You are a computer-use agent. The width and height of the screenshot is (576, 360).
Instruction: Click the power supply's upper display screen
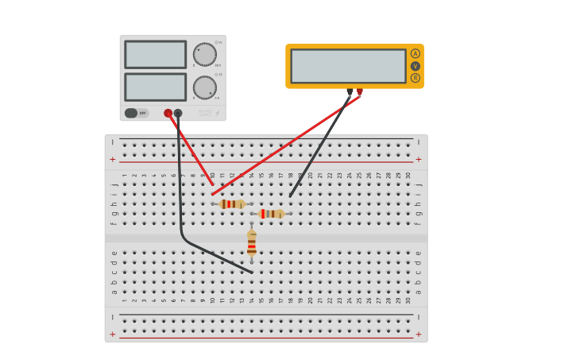(x=155, y=54)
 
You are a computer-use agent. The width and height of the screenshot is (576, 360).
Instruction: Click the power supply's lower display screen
(x=155, y=87)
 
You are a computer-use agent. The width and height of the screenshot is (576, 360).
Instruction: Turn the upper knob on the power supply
(x=205, y=54)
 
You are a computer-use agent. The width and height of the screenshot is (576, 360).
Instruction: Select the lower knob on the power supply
(x=205, y=87)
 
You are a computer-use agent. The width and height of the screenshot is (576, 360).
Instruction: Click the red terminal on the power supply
(x=168, y=113)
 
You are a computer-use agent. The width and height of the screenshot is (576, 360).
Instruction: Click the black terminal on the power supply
(x=178, y=113)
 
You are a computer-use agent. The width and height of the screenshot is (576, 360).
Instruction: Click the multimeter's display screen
(x=348, y=66)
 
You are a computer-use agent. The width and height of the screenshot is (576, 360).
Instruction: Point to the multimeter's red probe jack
(x=360, y=91)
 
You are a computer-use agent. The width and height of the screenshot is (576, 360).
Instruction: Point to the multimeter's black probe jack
(x=350, y=91)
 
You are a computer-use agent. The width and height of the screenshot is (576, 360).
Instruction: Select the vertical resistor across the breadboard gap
(x=252, y=242)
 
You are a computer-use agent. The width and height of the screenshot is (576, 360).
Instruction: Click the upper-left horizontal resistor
(x=232, y=204)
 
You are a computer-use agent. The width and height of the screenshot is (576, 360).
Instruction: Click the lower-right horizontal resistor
(x=271, y=214)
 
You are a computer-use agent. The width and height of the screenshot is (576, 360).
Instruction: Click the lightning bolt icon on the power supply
(x=218, y=113)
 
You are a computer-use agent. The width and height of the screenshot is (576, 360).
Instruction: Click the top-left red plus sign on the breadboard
(x=112, y=159)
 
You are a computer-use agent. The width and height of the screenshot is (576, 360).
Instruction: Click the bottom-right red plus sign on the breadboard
(x=419, y=335)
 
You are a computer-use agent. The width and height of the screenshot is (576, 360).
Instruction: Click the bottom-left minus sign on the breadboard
(x=112, y=318)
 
